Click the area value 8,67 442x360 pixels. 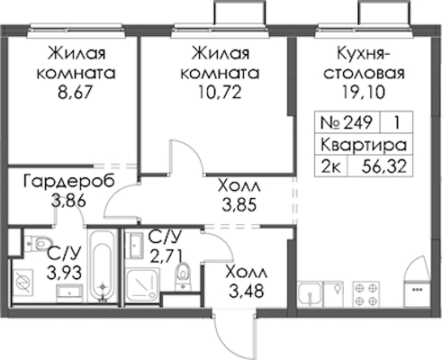click(74, 93)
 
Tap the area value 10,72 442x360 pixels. click(220, 93)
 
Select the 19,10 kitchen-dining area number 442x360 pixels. click(363, 93)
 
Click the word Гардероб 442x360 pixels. click(69, 182)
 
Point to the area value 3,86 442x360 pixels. click(68, 201)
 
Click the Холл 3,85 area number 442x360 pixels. click(239, 205)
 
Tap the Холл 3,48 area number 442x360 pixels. click(247, 291)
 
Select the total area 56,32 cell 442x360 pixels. click(384, 166)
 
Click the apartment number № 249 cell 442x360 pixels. click(347, 122)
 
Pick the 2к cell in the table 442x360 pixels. click(330, 166)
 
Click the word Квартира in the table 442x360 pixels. click(364, 145)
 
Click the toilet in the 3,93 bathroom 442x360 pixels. click(39, 242)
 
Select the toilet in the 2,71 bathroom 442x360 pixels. click(183, 275)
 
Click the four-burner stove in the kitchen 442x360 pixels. click(366, 294)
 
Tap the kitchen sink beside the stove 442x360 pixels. click(310, 294)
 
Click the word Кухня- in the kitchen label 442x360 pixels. click(363, 54)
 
